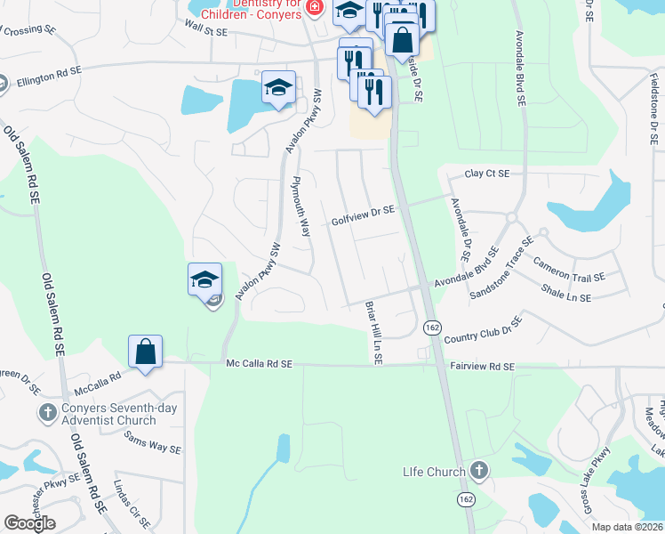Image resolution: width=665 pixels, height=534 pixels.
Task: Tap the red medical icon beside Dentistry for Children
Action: [313, 7]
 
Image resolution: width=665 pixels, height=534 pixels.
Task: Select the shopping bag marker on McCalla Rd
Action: [145, 351]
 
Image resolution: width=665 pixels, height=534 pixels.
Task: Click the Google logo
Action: [29, 523]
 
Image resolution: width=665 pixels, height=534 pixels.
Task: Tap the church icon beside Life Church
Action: [478, 469]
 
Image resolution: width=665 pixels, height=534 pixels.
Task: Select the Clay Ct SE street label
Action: [487, 174]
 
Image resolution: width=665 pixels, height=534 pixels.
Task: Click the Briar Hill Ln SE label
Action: [373, 332]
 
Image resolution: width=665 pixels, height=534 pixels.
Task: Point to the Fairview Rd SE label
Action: [482, 366]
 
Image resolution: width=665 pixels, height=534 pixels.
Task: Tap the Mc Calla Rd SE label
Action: [260, 363]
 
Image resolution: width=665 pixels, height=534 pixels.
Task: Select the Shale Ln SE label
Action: [566, 293]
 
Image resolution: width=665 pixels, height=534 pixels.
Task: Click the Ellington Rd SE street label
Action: [49, 76]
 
